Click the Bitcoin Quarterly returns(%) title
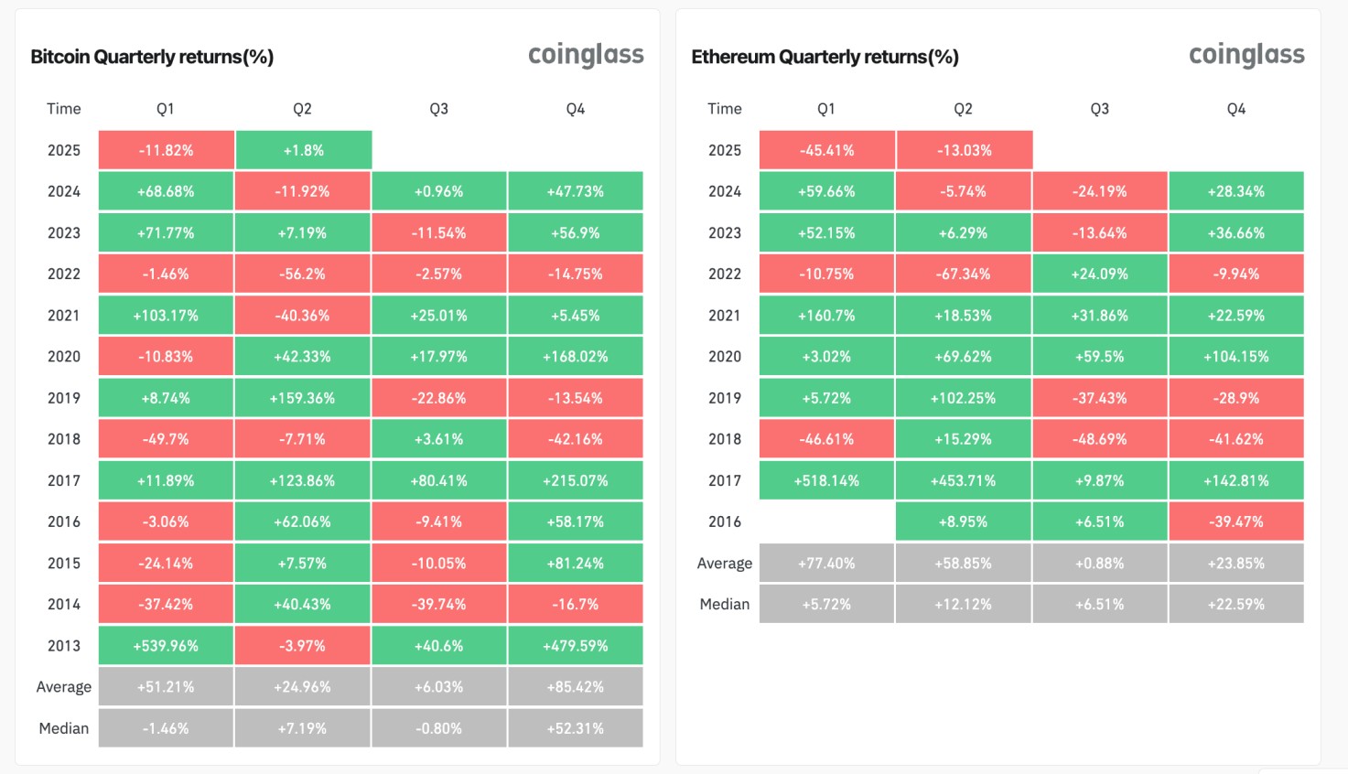pos(152,57)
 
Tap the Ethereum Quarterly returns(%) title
pos(825,57)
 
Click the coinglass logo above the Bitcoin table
pos(586,55)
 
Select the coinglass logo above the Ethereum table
pos(1246,55)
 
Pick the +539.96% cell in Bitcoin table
pos(166,646)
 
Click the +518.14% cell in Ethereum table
pos(826,480)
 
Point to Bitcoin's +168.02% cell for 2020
pos(576,357)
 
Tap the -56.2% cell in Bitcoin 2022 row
pos(302,274)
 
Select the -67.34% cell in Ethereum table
pos(964,274)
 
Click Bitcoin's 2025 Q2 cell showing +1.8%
pos(303,150)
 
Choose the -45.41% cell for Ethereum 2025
pos(826,150)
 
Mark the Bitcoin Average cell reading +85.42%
pos(576,687)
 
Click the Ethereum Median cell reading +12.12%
pos(964,605)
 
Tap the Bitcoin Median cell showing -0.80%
pos(439,729)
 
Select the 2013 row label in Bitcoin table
pos(64,646)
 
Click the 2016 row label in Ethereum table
pos(725,521)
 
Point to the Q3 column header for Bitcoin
pos(439,109)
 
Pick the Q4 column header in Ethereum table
pos(1236,109)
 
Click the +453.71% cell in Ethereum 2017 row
pos(964,480)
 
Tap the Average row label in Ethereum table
pos(725,564)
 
